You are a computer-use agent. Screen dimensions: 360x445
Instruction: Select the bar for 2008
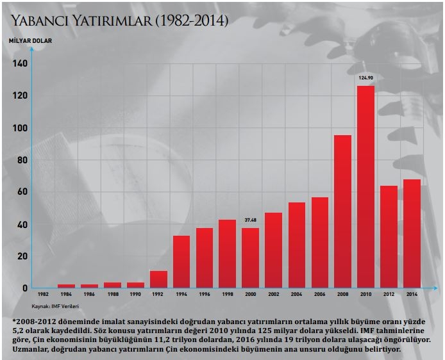tap(342, 211)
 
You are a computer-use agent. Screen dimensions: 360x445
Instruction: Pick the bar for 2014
tap(412, 233)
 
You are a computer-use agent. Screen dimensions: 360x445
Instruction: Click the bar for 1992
tap(158, 279)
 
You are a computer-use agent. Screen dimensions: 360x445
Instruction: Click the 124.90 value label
tap(365, 78)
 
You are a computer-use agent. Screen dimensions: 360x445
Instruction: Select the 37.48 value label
tap(251, 220)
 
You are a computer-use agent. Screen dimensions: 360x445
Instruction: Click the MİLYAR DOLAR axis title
tap(31, 40)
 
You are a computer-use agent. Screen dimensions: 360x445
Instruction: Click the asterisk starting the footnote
tap(13, 320)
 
